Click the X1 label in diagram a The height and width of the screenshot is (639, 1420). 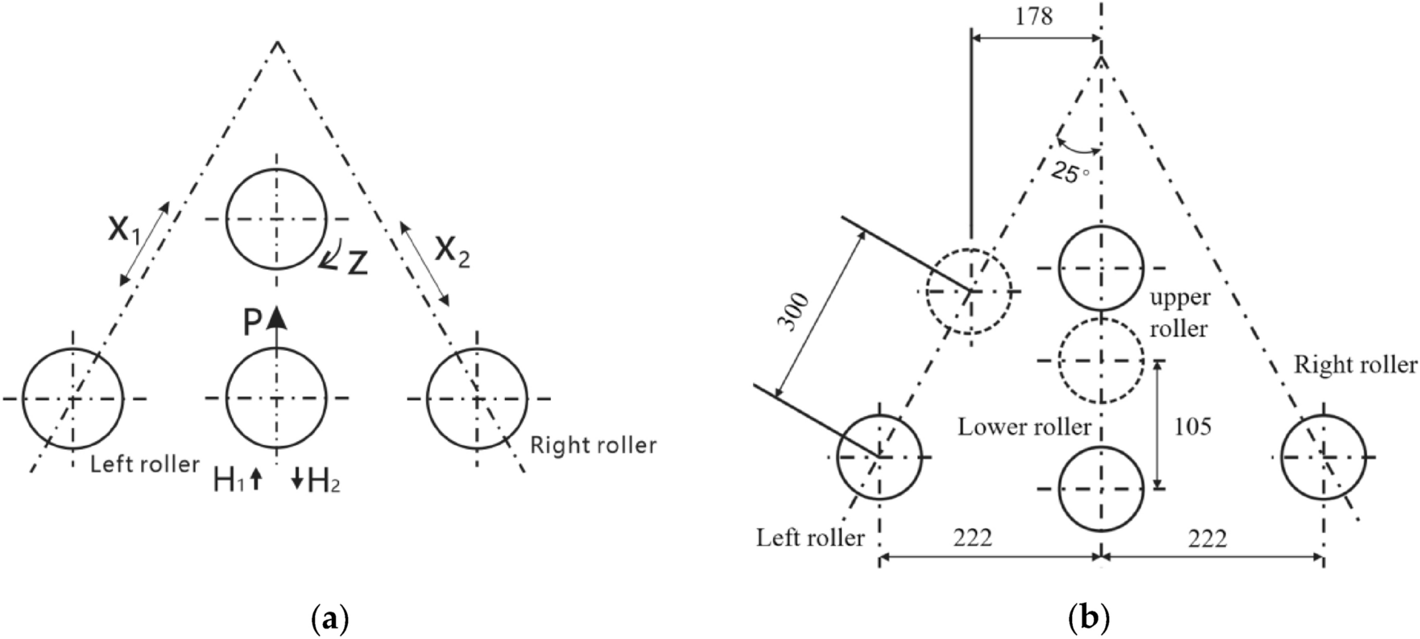coord(124,231)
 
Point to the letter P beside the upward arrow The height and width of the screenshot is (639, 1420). coord(252,323)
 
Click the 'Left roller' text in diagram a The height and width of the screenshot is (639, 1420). coord(144,464)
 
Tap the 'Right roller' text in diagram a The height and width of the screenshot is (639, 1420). coord(594,445)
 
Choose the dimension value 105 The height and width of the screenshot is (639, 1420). coord(1191,426)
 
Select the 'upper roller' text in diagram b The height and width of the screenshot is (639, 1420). coord(1178,313)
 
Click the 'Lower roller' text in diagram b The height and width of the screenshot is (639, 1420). coord(1024,427)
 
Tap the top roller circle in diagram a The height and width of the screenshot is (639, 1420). coord(276,218)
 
